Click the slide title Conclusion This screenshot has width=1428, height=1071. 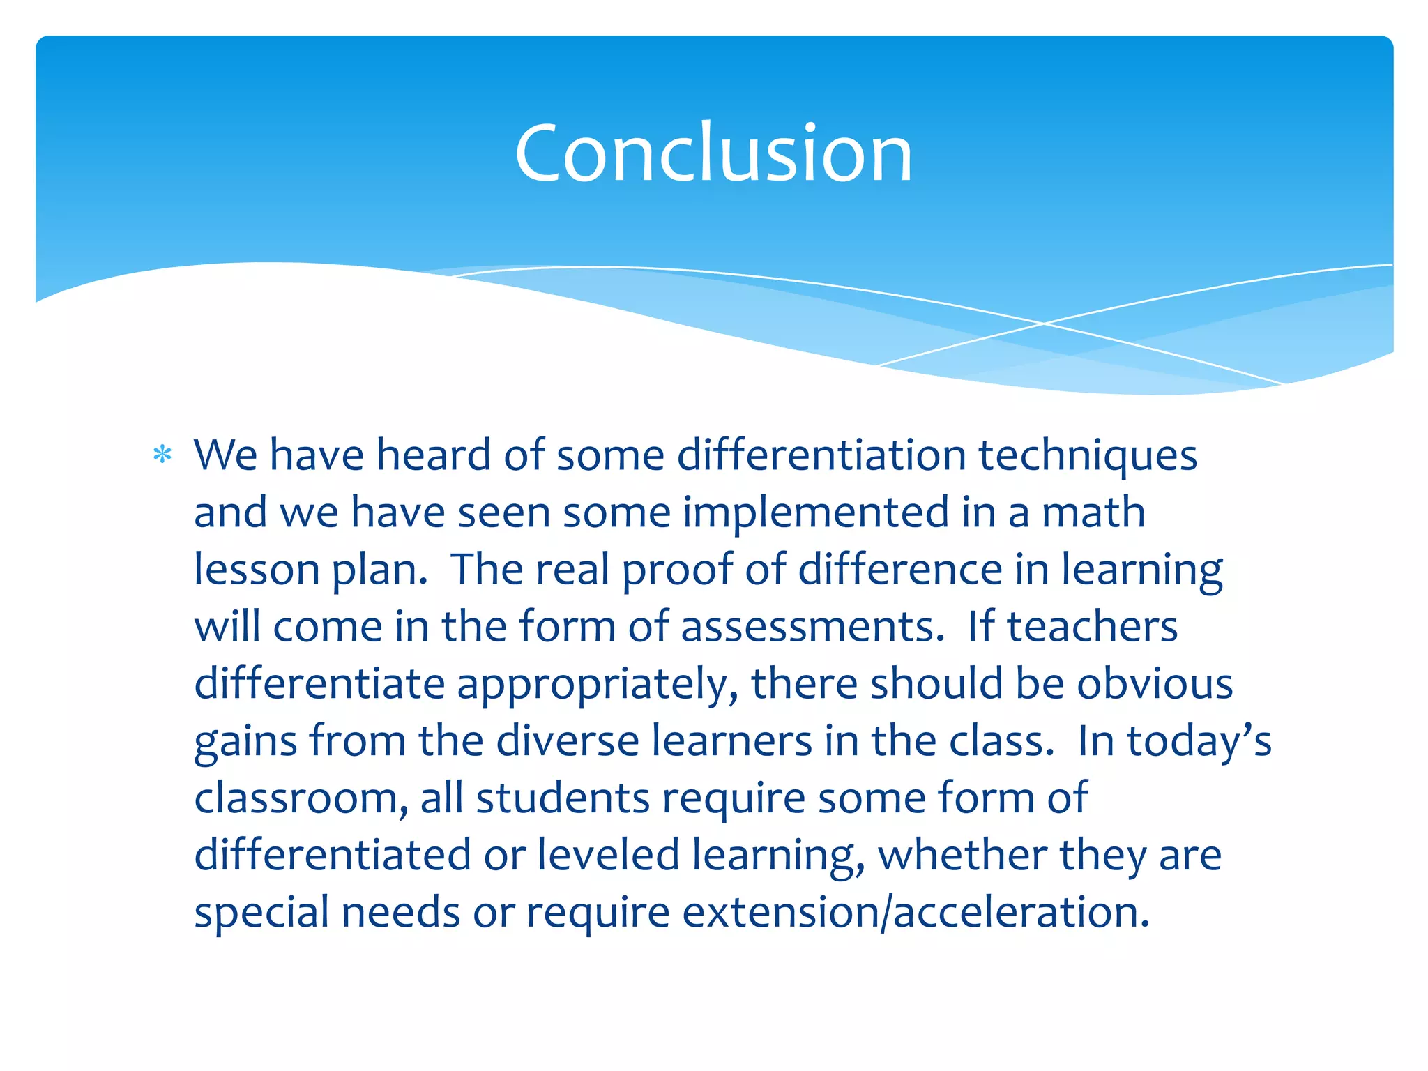click(x=713, y=153)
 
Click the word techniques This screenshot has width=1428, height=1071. click(x=1087, y=456)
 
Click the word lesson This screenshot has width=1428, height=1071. click(x=257, y=570)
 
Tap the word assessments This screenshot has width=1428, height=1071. click(x=812, y=628)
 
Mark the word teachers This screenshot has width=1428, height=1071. click(x=1092, y=628)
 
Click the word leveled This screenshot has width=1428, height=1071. click(x=608, y=856)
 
